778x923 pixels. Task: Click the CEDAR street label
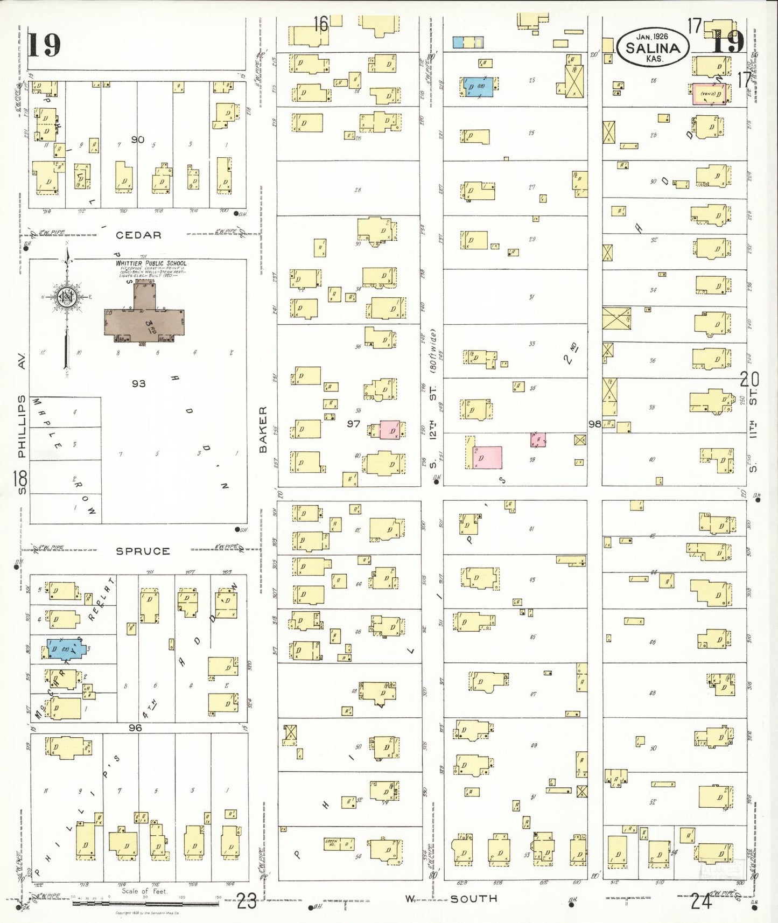pyautogui.click(x=138, y=235)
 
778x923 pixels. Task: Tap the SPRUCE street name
pyautogui.click(x=143, y=551)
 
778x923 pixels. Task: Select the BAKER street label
pyautogui.click(x=263, y=429)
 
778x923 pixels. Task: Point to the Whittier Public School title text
pyautogui.click(x=151, y=263)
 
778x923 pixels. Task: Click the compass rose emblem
pyautogui.click(x=67, y=297)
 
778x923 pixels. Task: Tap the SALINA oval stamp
pyautogui.click(x=653, y=47)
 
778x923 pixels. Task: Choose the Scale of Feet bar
pyautogui.click(x=145, y=903)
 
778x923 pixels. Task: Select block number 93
pyautogui.click(x=138, y=383)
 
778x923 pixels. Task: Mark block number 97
pyautogui.click(x=353, y=424)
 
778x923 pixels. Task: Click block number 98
pyautogui.click(x=594, y=424)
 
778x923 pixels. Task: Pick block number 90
pyautogui.click(x=138, y=139)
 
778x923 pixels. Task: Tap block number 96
pyautogui.click(x=135, y=728)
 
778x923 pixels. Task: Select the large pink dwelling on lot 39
pyautogui.click(x=487, y=457)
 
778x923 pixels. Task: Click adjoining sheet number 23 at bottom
pyautogui.click(x=247, y=901)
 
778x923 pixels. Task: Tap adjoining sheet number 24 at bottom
pyautogui.click(x=701, y=901)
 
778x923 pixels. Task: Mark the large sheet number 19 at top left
pyautogui.click(x=44, y=45)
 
